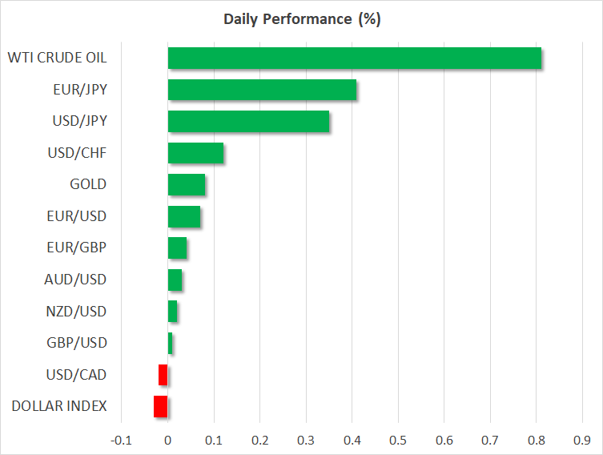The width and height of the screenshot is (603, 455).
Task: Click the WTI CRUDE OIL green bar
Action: (355, 58)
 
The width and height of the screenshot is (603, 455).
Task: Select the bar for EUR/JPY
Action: (263, 90)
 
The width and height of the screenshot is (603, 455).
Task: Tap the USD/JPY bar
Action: (248, 121)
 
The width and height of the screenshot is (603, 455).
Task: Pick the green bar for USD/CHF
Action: (195, 153)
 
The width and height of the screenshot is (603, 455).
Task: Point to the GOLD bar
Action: (187, 184)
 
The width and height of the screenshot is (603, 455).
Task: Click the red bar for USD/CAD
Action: (163, 375)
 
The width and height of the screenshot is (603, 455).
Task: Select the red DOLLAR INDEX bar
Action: (161, 407)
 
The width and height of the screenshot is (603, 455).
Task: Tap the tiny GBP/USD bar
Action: (170, 343)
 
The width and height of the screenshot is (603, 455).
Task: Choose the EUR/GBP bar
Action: (177, 248)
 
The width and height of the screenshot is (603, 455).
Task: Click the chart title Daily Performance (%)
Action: (302, 19)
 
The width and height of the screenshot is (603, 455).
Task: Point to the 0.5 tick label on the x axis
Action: (398, 440)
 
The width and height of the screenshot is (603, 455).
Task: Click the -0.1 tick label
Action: (121, 440)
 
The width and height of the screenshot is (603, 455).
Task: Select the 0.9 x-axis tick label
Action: (582, 440)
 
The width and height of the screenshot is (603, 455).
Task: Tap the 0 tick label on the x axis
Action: (167, 440)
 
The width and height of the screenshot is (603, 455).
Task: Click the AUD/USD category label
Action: (75, 280)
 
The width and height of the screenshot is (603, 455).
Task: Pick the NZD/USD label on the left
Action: (76, 312)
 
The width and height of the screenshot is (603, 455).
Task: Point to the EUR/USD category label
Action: (77, 216)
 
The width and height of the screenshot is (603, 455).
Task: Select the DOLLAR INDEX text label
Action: (59, 406)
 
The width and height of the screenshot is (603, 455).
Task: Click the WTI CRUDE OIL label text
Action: (58, 58)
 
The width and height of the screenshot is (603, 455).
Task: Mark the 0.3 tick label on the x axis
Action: (306, 440)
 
